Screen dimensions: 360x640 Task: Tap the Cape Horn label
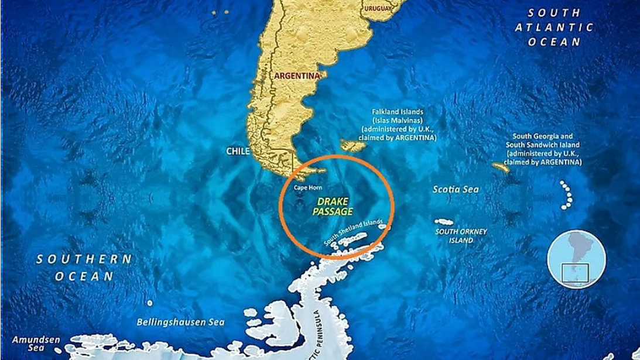pyautogui.click(x=307, y=187)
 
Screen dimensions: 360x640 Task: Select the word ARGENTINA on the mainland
pyautogui.click(x=298, y=76)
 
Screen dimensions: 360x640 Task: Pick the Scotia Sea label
pyautogui.click(x=456, y=190)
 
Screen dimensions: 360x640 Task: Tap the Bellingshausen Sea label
pyautogui.click(x=180, y=321)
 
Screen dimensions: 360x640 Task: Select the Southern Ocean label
pyautogui.click(x=84, y=268)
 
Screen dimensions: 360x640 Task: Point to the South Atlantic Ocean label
pyautogui.click(x=554, y=27)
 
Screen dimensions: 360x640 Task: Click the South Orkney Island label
pyautogui.click(x=461, y=235)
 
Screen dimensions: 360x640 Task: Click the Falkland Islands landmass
pyautogui.click(x=354, y=145)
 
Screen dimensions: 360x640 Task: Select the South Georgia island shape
pyautogui.click(x=500, y=167)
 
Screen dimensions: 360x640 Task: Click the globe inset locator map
pyautogui.click(x=576, y=260)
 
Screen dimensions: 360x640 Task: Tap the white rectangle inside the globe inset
pyautogui.click(x=576, y=272)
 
